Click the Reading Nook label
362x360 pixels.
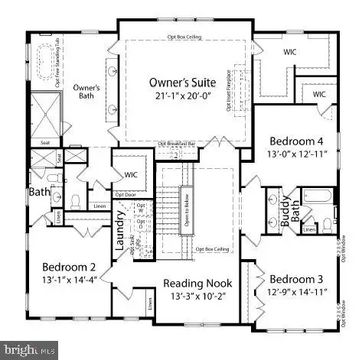197,284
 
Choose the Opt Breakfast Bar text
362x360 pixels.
177,143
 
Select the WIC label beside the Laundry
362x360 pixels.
131,175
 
